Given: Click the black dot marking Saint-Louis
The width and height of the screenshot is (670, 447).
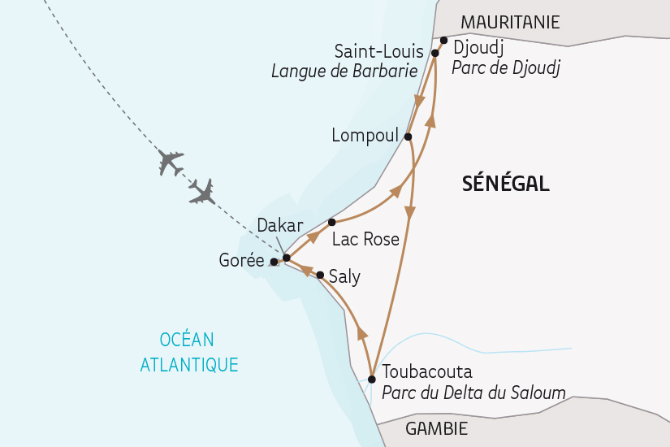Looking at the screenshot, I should (x=434, y=53).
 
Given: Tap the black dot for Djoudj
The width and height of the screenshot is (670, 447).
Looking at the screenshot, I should (x=443, y=40).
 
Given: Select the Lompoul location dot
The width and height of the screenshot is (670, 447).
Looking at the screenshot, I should (x=408, y=137).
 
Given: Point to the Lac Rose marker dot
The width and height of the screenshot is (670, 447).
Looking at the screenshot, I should (x=331, y=221).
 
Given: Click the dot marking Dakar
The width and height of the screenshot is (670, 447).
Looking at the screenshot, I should (x=286, y=258).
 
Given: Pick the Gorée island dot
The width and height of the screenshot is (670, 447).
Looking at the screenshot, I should (x=274, y=262).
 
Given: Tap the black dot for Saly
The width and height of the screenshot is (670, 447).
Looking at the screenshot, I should (x=320, y=275).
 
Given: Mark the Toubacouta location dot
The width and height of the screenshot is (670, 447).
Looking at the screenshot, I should (x=372, y=379).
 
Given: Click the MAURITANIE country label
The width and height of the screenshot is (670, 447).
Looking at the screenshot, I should (x=511, y=22).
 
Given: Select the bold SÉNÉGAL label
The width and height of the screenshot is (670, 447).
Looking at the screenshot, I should (x=505, y=184).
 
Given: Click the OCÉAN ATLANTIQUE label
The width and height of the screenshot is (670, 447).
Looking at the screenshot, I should (x=189, y=352).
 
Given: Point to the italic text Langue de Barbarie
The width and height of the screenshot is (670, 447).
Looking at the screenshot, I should (x=344, y=72).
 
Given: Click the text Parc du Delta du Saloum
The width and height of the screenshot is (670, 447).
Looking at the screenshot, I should (x=473, y=393).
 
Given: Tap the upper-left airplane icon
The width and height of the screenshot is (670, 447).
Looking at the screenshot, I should (x=171, y=162).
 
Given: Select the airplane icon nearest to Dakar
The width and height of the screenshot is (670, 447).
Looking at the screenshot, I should (x=201, y=192).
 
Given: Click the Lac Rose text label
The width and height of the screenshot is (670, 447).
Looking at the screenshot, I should (x=366, y=239).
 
